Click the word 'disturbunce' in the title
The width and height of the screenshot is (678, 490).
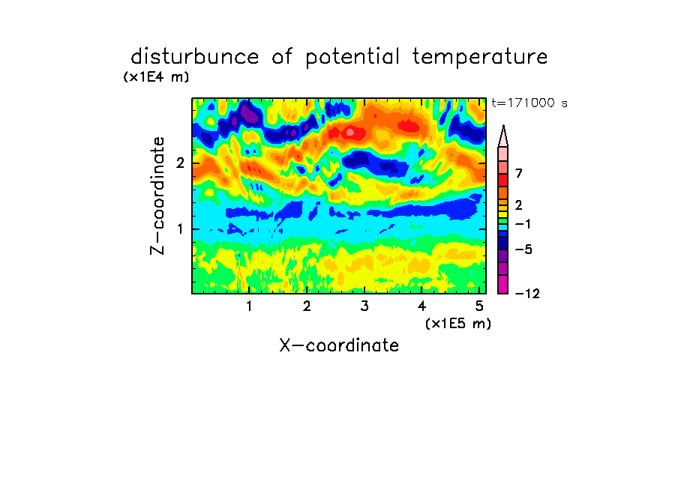pos(195,56)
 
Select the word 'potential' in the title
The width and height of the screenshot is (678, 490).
pos(352,58)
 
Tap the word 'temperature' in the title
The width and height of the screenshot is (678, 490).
pos(480,58)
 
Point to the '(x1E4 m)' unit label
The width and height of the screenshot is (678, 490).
pos(156,77)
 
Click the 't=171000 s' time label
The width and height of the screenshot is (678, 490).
pos(529,103)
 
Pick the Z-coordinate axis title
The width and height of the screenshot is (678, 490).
pos(157,196)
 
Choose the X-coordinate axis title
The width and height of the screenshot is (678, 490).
pos(339,345)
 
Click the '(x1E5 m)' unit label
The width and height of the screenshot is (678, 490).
pos(458,324)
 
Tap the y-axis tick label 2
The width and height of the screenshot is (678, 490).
pos(180,163)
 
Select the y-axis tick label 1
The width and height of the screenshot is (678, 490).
pos(180,229)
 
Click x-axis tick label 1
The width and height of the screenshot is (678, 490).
pos(250,306)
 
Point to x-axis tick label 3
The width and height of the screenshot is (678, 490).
pos(364,306)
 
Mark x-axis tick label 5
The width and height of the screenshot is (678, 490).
pos(479,306)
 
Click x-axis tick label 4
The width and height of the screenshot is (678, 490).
pos(422,306)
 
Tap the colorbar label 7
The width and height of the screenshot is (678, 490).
pos(519,173)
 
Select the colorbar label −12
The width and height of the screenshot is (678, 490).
pos(527,294)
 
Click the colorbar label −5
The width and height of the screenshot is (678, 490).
pos(523,249)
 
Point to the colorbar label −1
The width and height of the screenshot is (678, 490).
pos(523,224)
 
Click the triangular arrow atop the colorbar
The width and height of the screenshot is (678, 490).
pos(503,136)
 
